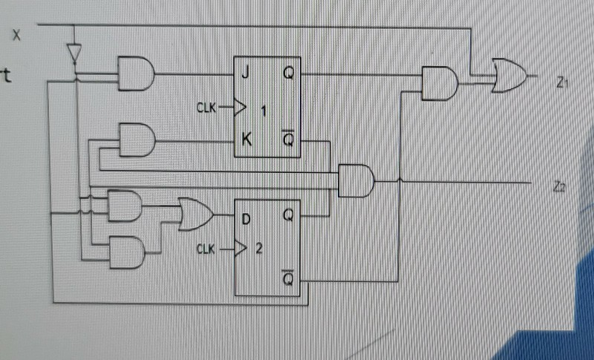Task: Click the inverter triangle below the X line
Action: (x=73, y=53)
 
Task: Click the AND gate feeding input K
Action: (x=137, y=140)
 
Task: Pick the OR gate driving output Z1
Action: (x=508, y=75)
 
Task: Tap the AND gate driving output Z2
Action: (x=356, y=180)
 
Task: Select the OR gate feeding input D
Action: (x=194, y=215)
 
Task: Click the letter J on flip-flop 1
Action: (x=244, y=73)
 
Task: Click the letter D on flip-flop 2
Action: (x=244, y=217)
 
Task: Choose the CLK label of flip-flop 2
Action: (x=209, y=249)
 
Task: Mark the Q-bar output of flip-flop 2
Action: (x=288, y=280)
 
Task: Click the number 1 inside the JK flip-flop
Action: (x=264, y=111)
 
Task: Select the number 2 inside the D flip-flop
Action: (x=258, y=249)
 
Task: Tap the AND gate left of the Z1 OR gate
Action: (x=439, y=83)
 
